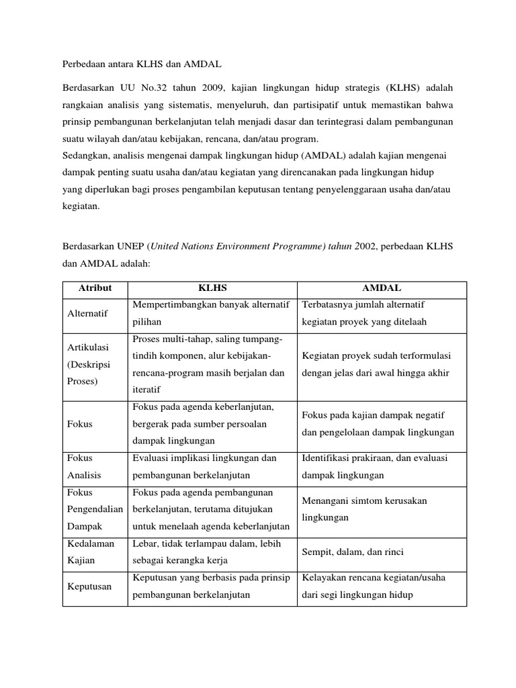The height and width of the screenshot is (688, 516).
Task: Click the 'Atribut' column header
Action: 95,288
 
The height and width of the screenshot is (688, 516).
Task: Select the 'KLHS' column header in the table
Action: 213,288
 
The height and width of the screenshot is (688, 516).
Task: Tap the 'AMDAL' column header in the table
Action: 382,288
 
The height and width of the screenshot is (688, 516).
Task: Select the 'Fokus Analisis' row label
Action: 84,466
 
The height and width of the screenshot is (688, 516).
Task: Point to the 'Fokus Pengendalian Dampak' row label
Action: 95,510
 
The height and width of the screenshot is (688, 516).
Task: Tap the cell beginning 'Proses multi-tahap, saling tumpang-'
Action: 209,363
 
